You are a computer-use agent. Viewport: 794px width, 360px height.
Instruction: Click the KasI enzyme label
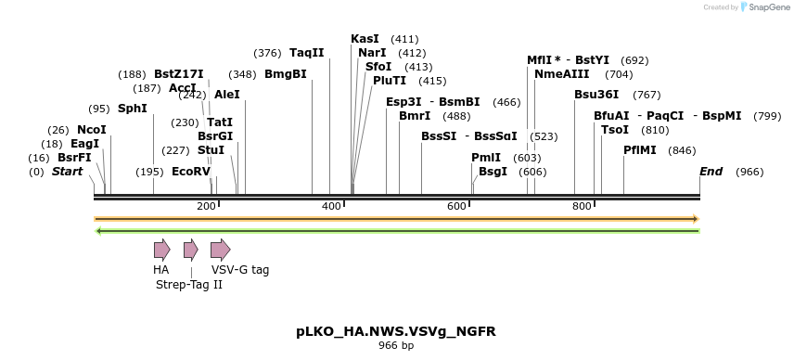365,39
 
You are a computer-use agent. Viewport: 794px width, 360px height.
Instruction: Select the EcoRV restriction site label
191,172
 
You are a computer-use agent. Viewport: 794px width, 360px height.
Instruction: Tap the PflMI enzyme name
639,150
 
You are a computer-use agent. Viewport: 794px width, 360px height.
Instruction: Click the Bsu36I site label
596,95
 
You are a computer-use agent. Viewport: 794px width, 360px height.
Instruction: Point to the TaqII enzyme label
307,53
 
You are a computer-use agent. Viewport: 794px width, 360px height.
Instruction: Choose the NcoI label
92,130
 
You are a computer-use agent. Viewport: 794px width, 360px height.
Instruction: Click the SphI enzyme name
133,109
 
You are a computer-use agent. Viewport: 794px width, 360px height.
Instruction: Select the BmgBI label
286,74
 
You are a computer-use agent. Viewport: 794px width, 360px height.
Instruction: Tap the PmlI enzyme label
486,158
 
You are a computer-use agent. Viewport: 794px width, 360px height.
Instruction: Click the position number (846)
682,150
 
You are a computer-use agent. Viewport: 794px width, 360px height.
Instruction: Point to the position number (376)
267,53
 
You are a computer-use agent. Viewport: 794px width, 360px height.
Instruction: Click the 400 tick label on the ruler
331,205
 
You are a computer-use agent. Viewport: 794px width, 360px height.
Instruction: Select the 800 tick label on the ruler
582,205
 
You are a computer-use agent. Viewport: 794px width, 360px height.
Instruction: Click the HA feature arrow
162,249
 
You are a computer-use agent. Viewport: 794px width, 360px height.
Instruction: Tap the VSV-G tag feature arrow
220,249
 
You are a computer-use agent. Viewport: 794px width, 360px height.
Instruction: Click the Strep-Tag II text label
189,285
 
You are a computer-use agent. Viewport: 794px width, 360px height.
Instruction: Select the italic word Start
67,172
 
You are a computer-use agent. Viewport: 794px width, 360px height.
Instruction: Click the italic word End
711,172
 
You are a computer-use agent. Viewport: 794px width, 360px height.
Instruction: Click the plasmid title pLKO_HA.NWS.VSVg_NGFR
396,331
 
